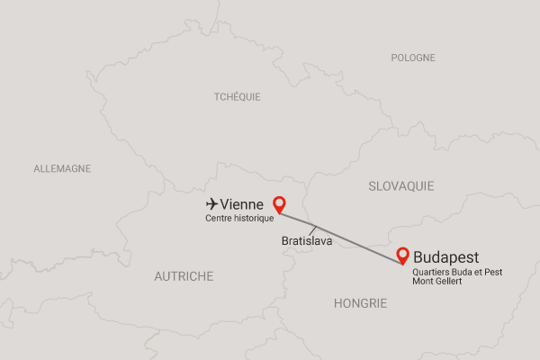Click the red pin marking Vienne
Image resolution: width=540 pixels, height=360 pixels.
pyautogui.click(x=279, y=203)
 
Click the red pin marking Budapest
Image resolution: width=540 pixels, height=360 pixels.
pyautogui.click(x=404, y=255)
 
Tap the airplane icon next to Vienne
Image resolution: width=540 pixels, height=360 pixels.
pyautogui.click(x=211, y=204)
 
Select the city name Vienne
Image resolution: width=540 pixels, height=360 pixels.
pyautogui.click(x=241, y=205)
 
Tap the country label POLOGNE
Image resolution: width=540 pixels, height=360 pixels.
pyautogui.click(x=413, y=58)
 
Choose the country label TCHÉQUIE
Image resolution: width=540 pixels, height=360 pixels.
pyautogui.click(x=238, y=96)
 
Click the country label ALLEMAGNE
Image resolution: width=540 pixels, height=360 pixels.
pyautogui.click(x=62, y=168)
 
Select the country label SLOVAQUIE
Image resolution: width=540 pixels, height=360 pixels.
pyautogui.click(x=400, y=186)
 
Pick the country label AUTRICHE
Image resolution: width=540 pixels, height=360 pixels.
pyautogui.click(x=184, y=276)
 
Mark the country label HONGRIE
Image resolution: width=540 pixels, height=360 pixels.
pyautogui.click(x=360, y=303)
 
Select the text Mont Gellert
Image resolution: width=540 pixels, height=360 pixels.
pyautogui.click(x=439, y=283)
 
